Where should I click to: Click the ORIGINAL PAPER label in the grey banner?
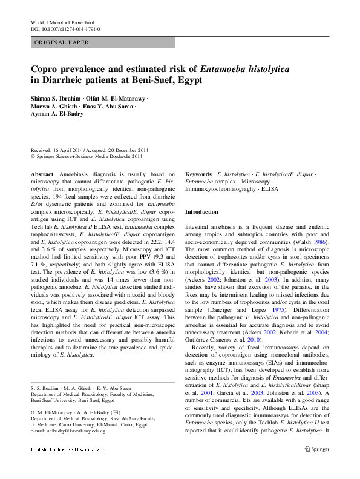(62, 42)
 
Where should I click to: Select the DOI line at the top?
(65, 28)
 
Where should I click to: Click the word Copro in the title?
(45, 70)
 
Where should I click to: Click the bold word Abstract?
(42, 173)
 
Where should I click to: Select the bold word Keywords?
(198, 173)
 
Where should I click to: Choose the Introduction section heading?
(201, 213)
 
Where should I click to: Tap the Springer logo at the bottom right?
(317, 449)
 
